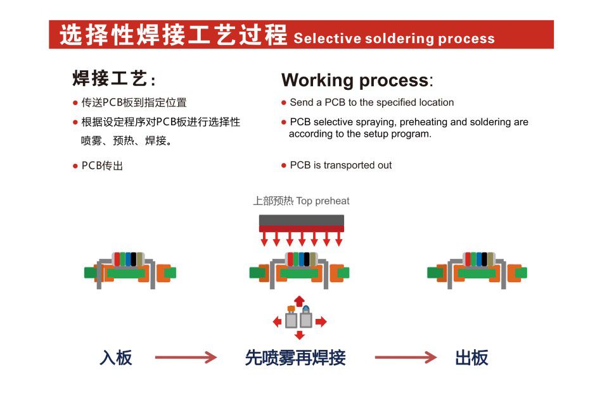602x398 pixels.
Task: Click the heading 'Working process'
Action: pyautogui.click(x=355, y=80)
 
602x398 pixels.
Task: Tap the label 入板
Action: pyautogui.click(x=116, y=358)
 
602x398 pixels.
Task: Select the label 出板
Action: pyautogui.click(x=471, y=358)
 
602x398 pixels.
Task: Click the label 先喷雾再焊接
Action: pyautogui.click(x=295, y=358)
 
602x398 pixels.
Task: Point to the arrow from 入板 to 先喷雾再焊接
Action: pyautogui.click(x=186, y=358)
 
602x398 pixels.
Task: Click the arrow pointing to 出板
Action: pyautogui.click(x=406, y=358)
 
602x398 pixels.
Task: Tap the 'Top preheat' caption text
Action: pyautogui.click(x=323, y=201)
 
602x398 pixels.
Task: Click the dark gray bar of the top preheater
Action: pyautogui.click(x=301, y=220)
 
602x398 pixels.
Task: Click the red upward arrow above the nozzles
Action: pyautogui.click(x=299, y=301)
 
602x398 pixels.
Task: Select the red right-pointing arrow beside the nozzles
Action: pyautogui.click(x=321, y=322)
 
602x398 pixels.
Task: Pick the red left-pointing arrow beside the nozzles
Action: pyautogui.click(x=277, y=322)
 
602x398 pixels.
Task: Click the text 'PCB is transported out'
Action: pyautogui.click(x=341, y=165)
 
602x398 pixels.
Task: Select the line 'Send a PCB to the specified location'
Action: pyautogui.click(x=372, y=103)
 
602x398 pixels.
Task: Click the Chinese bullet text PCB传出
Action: pyautogui.click(x=102, y=166)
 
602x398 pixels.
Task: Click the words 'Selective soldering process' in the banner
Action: pyautogui.click(x=394, y=38)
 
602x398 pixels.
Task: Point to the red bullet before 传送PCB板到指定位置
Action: pyautogui.click(x=75, y=103)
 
